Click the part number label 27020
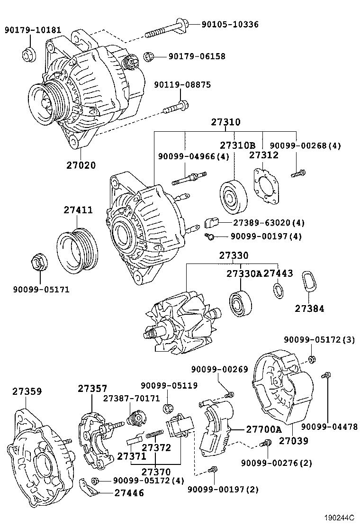point(81,165)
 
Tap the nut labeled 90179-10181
point(28,54)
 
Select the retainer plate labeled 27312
point(265,186)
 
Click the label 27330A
point(243,274)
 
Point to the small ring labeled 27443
point(278,291)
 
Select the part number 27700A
point(263,429)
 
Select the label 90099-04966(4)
point(187,156)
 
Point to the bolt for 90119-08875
point(176,107)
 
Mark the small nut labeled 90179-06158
point(149,57)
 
